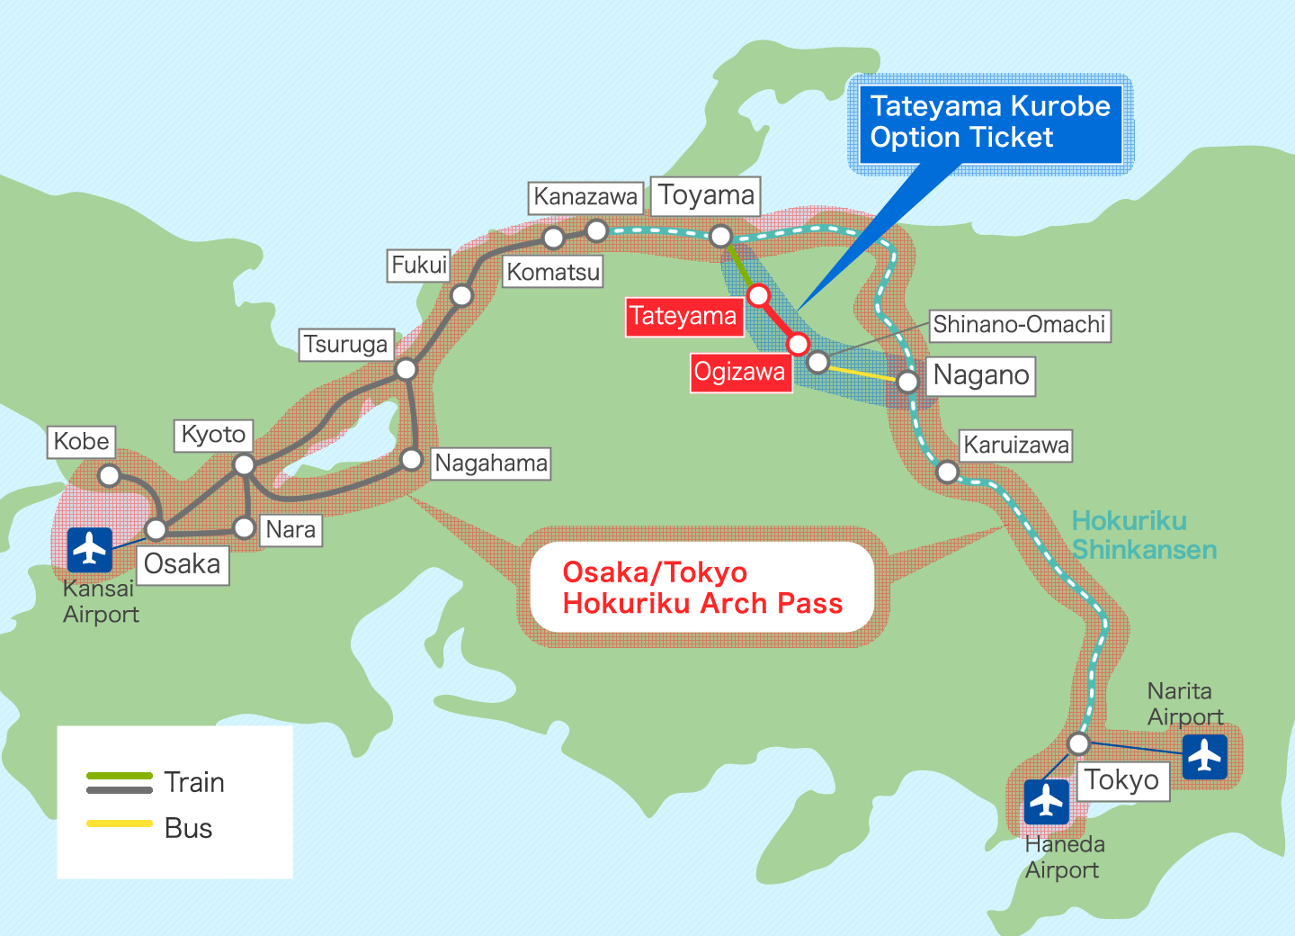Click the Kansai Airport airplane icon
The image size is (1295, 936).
pos(90,550)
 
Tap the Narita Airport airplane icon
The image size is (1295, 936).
pos(1205,757)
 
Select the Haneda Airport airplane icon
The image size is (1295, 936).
pos(1047,802)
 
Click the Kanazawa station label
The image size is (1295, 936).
pos(585,197)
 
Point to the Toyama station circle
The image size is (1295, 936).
pos(721,236)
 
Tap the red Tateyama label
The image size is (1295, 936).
pos(684,317)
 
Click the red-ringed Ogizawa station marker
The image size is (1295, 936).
pos(798,344)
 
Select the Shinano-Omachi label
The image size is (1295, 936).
pos(1019,325)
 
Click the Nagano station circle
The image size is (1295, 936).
pos(908,382)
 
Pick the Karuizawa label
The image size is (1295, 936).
pos(1016,445)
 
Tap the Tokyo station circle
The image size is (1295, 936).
pos(1079,743)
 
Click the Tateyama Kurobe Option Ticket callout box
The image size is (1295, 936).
pos(991,123)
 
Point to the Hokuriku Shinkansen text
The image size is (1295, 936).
pos(1144,535)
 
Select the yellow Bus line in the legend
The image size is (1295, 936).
pos(120,823)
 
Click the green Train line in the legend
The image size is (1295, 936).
pos(120,775)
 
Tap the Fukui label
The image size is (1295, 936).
pos(419,265)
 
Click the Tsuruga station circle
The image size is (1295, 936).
pos(406,368)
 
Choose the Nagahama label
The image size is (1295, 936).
pos(491,463)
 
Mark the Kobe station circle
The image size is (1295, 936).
pos(110,475)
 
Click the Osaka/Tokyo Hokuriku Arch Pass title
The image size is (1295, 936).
pos(702,588)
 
